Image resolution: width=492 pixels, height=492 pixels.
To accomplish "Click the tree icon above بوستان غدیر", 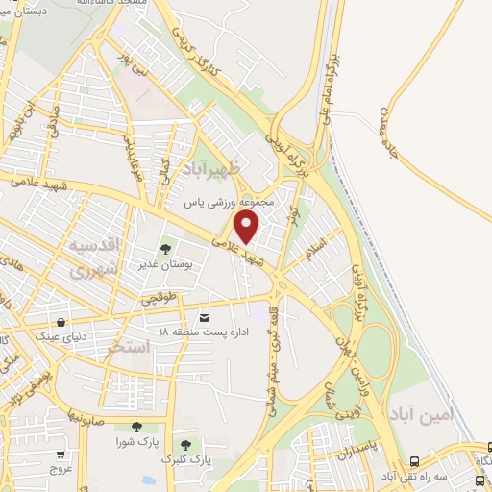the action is (162, 251).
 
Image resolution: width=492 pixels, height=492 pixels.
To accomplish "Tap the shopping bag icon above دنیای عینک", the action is (62, 322).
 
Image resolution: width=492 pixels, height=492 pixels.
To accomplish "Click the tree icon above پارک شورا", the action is (136, 426).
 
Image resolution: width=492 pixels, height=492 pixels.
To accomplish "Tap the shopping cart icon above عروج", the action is (62, 455).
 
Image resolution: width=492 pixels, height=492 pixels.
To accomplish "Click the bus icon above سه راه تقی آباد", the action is (414, 461).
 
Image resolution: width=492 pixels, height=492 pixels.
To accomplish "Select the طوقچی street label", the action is (161, 300).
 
